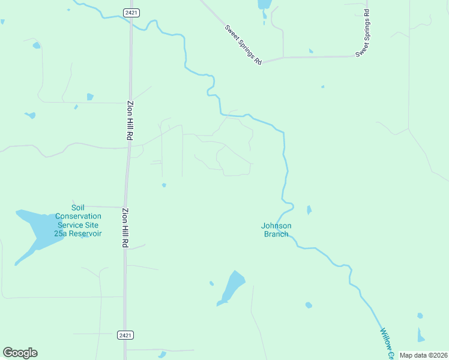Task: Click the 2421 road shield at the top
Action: (x=131, y=13)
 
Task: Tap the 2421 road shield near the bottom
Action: (x=125, y=335)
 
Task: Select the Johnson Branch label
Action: (x=276, y=230)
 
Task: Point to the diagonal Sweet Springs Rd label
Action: (x=244, y=45)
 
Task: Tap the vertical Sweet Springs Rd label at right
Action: (x=364, y=34)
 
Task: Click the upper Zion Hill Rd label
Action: (x=130, y=120)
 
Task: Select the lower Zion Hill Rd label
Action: (x=125, y=228)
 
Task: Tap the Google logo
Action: (x=20, y=353)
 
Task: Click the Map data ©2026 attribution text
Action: (x=424, y=355)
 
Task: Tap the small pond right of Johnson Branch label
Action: (x=309, y=210)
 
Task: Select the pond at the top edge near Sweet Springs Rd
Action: (x=264, y=4)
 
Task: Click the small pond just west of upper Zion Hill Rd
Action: (x=90, y=97)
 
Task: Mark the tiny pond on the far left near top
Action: (x=37, y=45)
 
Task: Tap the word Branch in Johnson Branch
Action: (x=276, y=234)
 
